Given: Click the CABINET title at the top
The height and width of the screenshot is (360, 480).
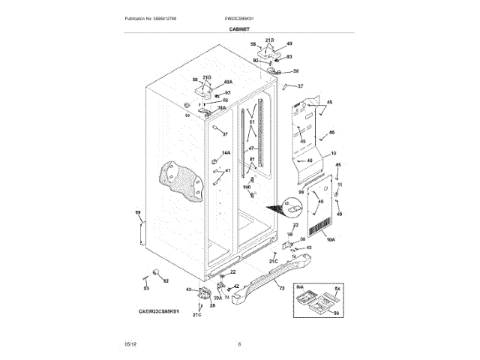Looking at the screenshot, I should pos(239,28).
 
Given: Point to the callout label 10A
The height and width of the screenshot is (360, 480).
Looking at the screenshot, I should pos(331,239).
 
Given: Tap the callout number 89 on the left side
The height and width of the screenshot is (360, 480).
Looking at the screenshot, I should pos(138,213).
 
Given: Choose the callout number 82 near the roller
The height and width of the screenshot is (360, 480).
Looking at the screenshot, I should pos(166,281).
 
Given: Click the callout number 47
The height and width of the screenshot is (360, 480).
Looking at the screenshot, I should pos(252,148).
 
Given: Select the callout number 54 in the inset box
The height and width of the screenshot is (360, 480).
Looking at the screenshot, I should pos(337,289).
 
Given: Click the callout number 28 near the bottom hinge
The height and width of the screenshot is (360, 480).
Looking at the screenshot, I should pos(212,305).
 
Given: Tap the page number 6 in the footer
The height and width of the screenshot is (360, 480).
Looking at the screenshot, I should pos(239,344).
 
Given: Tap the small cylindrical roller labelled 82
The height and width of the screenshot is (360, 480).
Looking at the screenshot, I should pos(157,271).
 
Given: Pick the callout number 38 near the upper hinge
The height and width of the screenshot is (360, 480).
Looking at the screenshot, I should pos(295,71).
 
